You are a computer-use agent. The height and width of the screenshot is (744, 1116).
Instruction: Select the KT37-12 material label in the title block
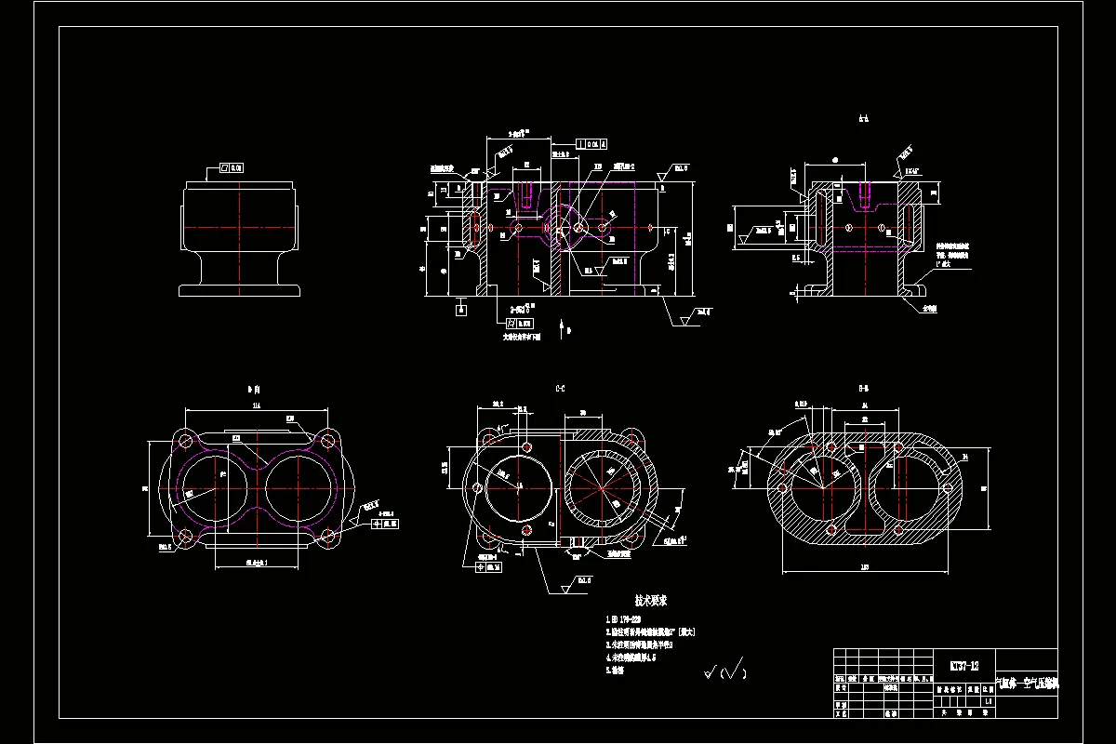(963, 666)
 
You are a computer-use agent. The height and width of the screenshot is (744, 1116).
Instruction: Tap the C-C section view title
(560, 387)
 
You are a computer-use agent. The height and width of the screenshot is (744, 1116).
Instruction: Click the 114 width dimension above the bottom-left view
(256, 406)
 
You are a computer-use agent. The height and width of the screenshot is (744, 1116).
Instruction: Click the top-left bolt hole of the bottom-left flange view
(184, 441)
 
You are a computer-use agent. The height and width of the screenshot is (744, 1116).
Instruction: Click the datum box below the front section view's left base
(460, 310)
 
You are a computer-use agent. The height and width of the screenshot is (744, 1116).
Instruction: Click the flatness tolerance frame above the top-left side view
(231, 167)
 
